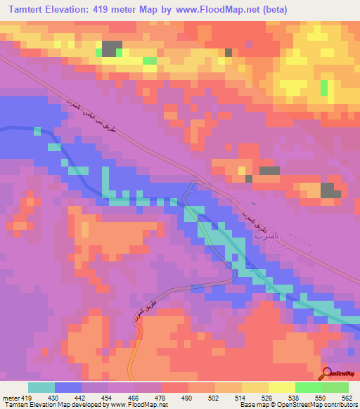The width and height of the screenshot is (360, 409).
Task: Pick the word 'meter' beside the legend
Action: tap(9, 397)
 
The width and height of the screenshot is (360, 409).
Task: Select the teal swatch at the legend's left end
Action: tap(41, 387)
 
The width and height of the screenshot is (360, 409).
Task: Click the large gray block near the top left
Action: tap(110, 48)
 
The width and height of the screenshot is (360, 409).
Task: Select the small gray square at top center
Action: tap(228, 52)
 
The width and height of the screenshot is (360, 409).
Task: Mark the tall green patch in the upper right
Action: tap(323, 88)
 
